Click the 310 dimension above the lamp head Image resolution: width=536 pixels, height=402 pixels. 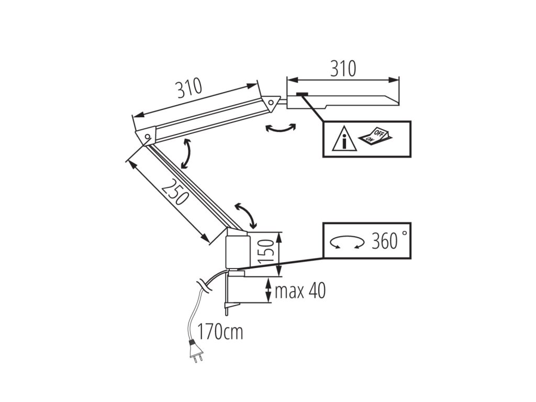tap(343, 68)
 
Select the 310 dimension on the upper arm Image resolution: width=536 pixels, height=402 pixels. tap(188, 89)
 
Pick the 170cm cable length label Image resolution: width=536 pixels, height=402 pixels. tap(220, 331)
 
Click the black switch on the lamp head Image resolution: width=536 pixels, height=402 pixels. tap(302, 94)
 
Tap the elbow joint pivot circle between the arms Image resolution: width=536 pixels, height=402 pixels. tap(148, 137)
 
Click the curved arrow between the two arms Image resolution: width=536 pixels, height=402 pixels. tap(186, 154)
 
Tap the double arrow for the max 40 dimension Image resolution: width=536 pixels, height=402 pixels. tap(269, 291)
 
